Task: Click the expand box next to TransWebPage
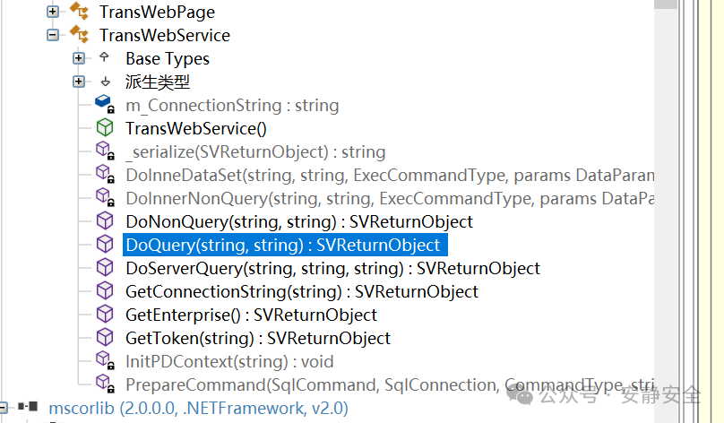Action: [53, 12]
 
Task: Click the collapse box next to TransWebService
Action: [53, 35]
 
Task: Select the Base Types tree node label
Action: [168, 59]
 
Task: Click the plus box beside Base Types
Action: [79, 58]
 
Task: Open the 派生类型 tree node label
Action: [158, 82]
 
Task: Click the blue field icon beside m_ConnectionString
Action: [104, 104]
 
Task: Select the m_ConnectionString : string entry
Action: [232, 106]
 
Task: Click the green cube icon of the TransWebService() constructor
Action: [105, 128]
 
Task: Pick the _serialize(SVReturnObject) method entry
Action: [255, 152]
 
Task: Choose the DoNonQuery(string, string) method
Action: [299, 222]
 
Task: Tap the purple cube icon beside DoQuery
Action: [105, 245]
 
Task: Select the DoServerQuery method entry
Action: [333, 269]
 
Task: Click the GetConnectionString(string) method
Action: [302, 292]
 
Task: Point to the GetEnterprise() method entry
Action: [251, 315]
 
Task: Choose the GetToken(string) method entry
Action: [258, 339]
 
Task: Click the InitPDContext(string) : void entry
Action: [229, 362]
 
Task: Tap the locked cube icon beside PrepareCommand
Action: [105, 384]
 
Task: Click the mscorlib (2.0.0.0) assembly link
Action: [199, 409]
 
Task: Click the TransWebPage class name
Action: [157, 13]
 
